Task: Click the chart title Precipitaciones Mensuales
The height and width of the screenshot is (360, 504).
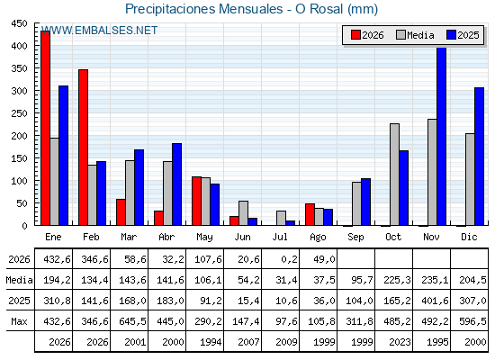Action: click(x=203, y=9)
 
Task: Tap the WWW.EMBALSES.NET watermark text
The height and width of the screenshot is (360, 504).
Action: click(x=99, y=31)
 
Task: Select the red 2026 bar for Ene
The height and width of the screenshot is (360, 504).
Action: click(x=45, y=128)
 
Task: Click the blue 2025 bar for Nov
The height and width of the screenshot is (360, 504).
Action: click(x=442, y=136)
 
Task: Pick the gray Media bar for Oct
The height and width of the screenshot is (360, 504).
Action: click(x=395, y=175)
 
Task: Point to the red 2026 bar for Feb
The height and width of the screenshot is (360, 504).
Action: click(x=83, y=148)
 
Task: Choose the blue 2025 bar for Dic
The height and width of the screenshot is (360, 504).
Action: click(x=479, y=157)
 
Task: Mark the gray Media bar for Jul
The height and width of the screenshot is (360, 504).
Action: click(x=281, y=218)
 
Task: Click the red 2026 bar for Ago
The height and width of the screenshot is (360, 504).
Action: click(x=310, y=214)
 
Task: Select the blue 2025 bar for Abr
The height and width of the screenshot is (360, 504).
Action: click(x=176, y=184)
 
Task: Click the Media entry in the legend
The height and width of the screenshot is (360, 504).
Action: click(x=415, y=35)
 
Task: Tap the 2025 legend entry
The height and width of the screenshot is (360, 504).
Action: click(x=463, y=35)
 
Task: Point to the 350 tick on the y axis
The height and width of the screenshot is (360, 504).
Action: click(x=19, y=68)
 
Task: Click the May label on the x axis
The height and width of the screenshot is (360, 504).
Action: click(x=204, y=238)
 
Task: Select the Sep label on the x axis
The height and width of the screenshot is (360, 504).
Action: click(x=355, y=238)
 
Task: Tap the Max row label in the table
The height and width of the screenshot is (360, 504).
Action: click(x=19, y=321)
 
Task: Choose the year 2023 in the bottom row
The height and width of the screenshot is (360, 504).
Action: click(x=400, y=342)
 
